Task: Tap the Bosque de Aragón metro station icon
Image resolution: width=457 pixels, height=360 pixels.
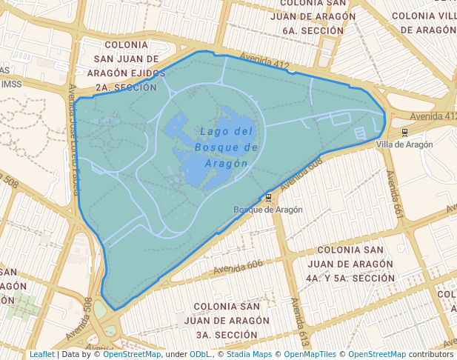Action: pyautogui.click(x=268, y=199)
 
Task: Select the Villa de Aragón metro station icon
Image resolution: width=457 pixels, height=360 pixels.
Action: pyautogui.click(x=404, y=133)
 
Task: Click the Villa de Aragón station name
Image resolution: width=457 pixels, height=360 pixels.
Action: pyautogui.click(x=404, y=144)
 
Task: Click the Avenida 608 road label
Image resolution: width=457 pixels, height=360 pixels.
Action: pyautogui.click(x=302, y=171)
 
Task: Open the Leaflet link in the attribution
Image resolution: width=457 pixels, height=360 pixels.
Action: pyautogui.click(x=41, y=354)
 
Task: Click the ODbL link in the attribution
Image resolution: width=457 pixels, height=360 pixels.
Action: pyautogui.click(x=200, y=354)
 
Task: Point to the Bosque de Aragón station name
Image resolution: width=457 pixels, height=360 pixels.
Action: pyautogui.click(x=268, y=210)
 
